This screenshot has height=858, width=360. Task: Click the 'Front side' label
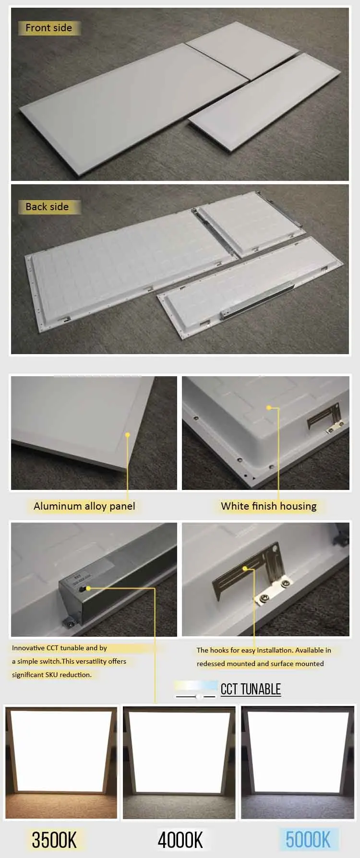click(48, 28)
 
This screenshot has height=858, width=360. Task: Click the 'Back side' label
click(47, 207)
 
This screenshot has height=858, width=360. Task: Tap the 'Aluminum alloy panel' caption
click(84, 506)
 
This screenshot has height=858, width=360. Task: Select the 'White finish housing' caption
click(269, 506)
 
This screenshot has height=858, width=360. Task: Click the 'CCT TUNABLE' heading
click(251, 689)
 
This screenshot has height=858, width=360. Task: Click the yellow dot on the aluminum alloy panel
click(128, 435)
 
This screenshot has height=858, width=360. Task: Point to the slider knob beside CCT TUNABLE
click(198, 696)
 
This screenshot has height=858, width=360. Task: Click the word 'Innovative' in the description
click(28, 648)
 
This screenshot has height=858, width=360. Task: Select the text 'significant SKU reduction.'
click(52, 675)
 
